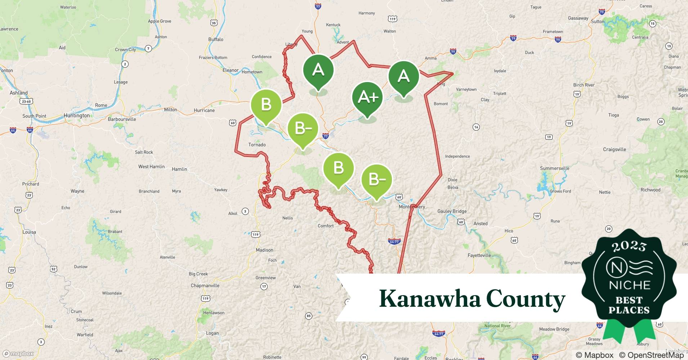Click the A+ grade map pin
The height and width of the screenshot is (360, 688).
click(x=367, y=97)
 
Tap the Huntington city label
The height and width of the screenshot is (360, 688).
click(x=77, y=116)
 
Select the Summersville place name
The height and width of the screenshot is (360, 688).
click(x=554, y=168)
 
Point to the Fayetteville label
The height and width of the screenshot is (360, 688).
click(x=479, y=255)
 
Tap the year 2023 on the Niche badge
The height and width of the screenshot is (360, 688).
click(x=629, y=246)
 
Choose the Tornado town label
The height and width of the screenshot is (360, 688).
click(x=257, y=145)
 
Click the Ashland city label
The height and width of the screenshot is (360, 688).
click(x=19, y=93)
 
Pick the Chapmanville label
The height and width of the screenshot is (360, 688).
click(x=205, y=285)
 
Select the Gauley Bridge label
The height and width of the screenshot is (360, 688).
click(x=452, y=211)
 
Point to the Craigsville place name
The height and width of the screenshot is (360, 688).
click(x=615, y=149)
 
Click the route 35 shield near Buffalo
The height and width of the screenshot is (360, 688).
click(x=214, y=23)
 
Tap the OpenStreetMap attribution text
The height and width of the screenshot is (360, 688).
click(x=651, y=355)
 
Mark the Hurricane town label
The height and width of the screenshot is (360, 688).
click(x=204, y=110)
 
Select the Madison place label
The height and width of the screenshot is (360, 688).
click(x=264, y=250)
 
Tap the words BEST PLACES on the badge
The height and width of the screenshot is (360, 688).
click(x=629, y=305)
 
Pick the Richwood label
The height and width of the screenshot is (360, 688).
click(x=650, y=190)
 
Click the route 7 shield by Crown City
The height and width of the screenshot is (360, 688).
click(x=148, y=48)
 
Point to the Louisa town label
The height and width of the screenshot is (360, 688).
click(x=29, y=232)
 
